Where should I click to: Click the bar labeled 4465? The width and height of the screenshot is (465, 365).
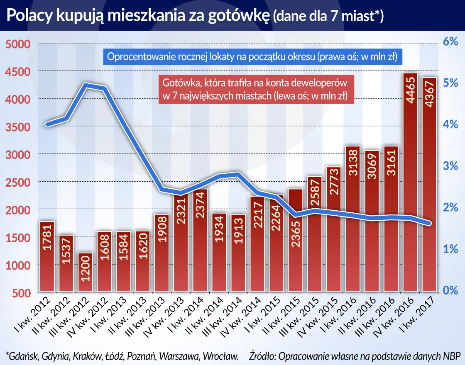pos(410,182)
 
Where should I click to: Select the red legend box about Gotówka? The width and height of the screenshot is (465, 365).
pos(254,89)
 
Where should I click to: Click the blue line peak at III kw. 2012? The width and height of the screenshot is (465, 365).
pos(86,85)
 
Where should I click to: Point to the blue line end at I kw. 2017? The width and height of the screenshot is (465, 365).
pos(429,224)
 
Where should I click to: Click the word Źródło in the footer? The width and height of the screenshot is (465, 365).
pos(263,355)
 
